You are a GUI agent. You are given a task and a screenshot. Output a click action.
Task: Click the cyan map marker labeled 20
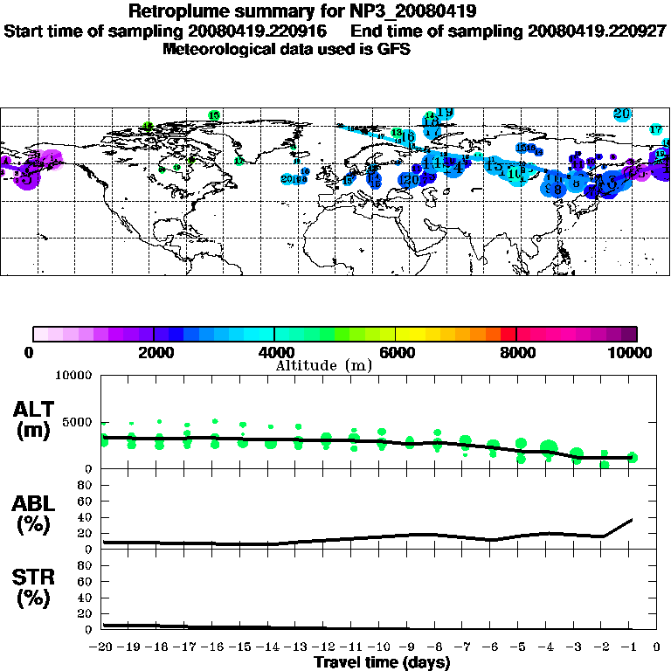point(622,114)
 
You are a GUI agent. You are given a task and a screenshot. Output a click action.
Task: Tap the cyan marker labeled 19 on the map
point(445,112)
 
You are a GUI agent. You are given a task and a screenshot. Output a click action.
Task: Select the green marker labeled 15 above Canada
point(214,115)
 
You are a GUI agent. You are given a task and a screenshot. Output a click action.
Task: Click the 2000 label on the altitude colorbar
point(153,352)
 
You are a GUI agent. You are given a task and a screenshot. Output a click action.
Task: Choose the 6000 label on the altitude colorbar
point(395,352)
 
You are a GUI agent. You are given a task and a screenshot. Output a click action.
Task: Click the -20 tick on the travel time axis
point(102,647)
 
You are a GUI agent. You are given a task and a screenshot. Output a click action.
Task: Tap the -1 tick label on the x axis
point(629,647)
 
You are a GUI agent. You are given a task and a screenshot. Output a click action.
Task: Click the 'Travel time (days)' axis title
point(382,662)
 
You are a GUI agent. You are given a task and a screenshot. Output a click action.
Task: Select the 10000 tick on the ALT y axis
point(73,376)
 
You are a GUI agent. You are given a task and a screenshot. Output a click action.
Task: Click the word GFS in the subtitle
point(393,49)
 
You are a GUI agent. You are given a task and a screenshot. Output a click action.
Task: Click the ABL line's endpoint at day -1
point(632,520)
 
